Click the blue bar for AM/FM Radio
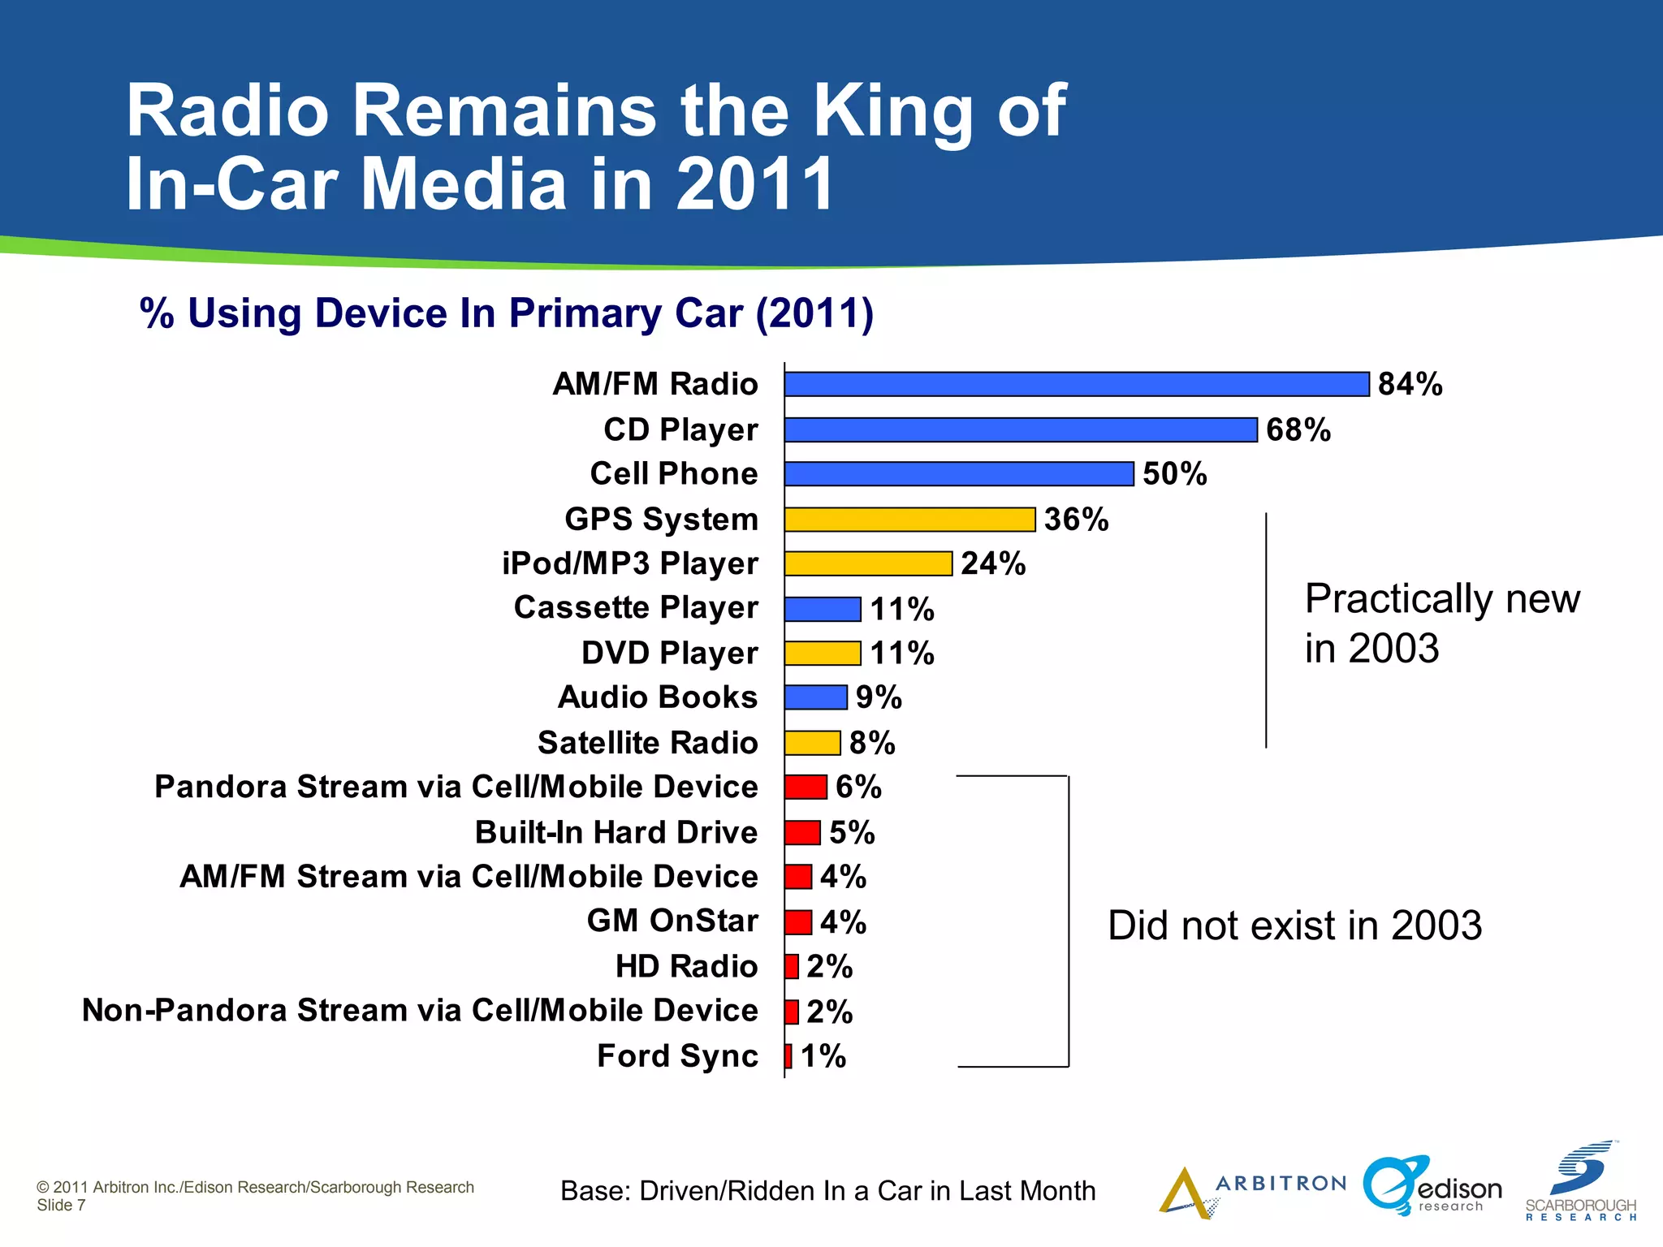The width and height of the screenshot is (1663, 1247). tap(1077, 384)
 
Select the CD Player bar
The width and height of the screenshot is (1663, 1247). tap(1021, 429)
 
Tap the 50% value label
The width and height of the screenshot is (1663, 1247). tap(1174, 474)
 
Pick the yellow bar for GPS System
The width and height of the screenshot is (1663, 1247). tap(909, 520)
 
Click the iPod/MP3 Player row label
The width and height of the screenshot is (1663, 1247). tap(629, 563)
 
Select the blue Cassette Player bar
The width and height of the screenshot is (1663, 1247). tap(823, 609)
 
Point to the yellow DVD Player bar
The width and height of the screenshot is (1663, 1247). tap(823, 653)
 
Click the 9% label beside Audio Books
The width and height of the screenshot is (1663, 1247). tap(879, 697)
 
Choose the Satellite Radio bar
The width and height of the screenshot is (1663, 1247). tap(812, 743)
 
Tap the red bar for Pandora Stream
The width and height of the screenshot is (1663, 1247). tap(806, 787)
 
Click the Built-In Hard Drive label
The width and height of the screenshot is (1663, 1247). tap(616, 832)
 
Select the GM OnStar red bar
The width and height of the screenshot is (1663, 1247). tap(798, 922)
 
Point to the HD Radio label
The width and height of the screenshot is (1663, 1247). tap(686, 966)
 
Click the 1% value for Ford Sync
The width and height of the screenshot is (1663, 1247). tap(823, 1056)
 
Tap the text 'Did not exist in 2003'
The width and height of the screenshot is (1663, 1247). tap(1294, 926)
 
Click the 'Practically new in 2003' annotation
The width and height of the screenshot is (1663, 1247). tap(1441, 623)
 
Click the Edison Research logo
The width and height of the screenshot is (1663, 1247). tap(1432, 1187)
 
